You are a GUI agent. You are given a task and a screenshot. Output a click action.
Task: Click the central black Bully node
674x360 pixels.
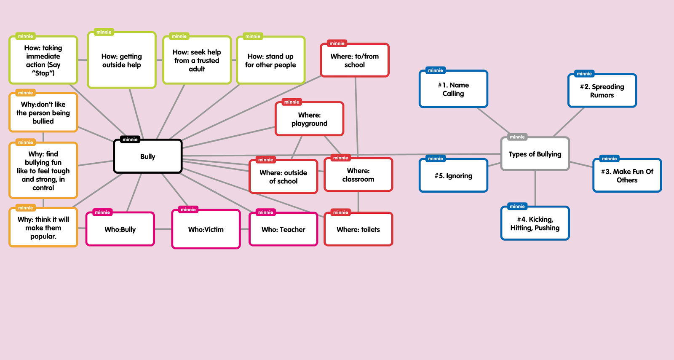[x=147, y=156]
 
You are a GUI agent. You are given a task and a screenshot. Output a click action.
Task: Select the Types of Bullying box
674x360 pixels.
[x=535, y=154]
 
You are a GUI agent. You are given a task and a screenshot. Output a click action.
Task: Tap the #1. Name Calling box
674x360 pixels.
[x=453, y=89]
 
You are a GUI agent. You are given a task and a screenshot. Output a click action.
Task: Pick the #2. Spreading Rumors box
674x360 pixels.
[x=602, y=91]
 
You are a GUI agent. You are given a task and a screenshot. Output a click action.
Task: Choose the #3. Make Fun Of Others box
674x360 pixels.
[x=627, y=176]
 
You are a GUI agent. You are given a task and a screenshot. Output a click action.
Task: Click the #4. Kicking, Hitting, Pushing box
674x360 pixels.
[x=535, y=224]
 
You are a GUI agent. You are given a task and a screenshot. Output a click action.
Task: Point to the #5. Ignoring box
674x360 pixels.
[x=453, y=176]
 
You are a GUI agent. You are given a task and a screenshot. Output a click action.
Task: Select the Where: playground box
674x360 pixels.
[x=309, y=119]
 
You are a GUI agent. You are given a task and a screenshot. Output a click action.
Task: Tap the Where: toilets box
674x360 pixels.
[x=358, y=230]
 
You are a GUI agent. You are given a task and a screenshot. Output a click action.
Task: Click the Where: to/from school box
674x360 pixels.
[x=354, y=61]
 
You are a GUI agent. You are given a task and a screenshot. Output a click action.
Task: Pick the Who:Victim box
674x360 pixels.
[x=206, y=230]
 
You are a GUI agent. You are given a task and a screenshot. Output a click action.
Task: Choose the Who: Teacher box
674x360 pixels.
[x=283, y=230]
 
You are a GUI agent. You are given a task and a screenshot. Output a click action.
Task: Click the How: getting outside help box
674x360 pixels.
[x=121, y=61]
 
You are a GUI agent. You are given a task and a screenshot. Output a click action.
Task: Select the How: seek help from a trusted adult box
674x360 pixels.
[x=197, y=61]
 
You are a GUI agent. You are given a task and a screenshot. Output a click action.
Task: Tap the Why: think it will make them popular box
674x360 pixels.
[x=43, y=228]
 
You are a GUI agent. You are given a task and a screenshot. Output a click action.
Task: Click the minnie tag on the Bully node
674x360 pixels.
[x=130, y=140]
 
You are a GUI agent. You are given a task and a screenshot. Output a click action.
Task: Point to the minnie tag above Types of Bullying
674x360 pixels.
[x=517, y=137]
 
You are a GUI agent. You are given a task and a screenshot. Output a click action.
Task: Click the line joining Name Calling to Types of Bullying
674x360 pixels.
[x=493, y=121]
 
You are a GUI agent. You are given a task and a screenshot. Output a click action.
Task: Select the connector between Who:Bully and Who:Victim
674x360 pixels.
[x=163, y=229]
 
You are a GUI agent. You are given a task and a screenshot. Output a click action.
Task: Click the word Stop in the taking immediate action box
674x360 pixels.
[x=43, y=73]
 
